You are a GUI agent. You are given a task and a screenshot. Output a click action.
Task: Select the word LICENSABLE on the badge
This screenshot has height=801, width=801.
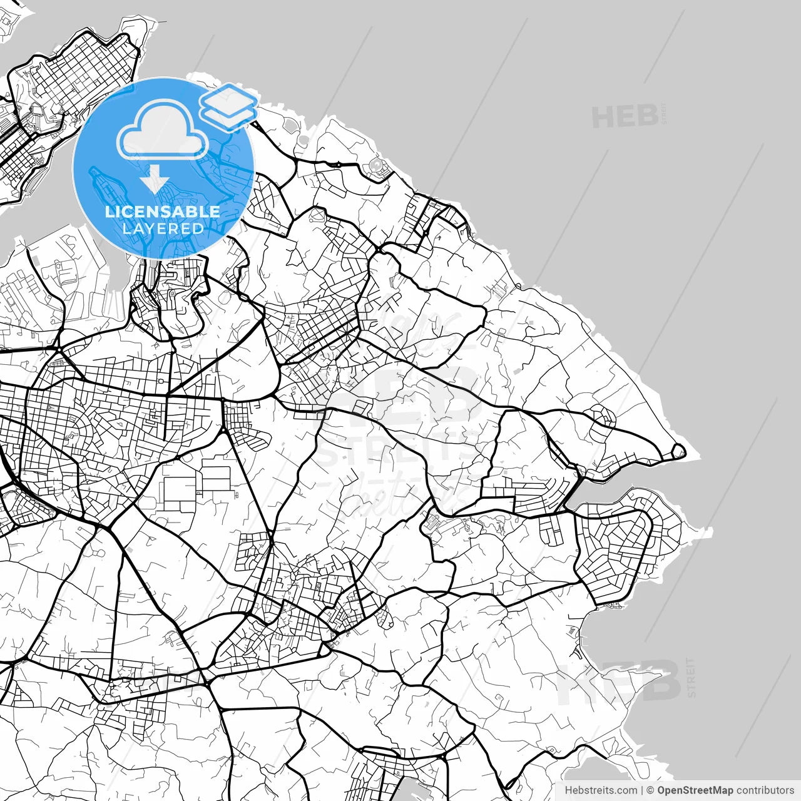pyautogui.click(x=163, y=212)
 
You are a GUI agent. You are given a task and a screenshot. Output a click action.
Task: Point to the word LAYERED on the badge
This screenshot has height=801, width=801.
pyautogui.click(x=163, y=228)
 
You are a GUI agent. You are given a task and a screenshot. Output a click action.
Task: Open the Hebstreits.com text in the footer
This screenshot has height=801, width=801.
pyautogui.click(x=601, y=790)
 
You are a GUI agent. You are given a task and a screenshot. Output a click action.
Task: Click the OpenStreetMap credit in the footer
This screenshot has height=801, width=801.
pyautogui.click(x=695, y=790)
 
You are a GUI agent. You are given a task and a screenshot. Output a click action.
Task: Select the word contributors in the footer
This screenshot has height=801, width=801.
pyautogui.click(x=765, y=790)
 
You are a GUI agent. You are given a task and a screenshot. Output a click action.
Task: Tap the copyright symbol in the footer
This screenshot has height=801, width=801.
pyautogui.click(x=650, y=790)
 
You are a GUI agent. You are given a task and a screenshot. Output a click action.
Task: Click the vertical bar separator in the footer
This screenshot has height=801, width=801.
pyautogui.click(x=642, y=790)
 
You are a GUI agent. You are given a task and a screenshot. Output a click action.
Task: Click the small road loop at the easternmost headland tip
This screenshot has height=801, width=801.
pyautogui.click(x=678, y=450)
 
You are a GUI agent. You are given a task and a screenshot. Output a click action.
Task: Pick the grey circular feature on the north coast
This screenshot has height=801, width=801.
pyautogui.click(x=376, y=166)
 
